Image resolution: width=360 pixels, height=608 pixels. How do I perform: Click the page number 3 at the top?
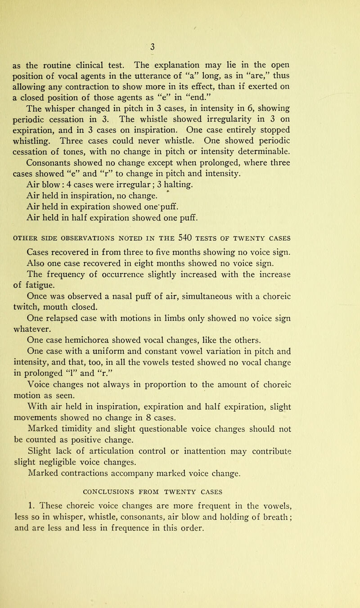pos(179,46)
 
